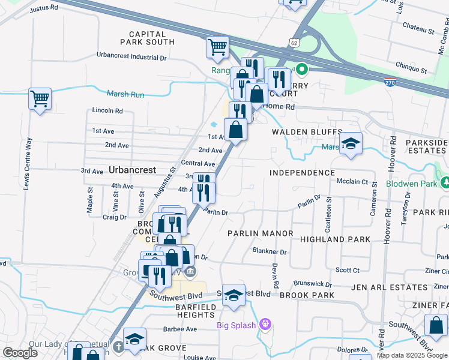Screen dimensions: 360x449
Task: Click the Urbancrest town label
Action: pyautogui.click(x=133, y=170)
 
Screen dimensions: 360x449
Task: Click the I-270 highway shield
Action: pyautogui.click(x=390, y=83)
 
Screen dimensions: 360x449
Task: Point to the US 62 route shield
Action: pyautogui.click(x=292, y=43)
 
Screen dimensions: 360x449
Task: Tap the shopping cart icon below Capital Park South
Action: pyautogui.click(x=217, y=47)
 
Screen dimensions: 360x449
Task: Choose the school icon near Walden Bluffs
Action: pyautogui.click(x=351, y=143)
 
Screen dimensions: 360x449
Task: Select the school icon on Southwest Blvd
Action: pyautogui.click(x=234, y=296)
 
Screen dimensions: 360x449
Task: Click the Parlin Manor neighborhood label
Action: pyautogui.click(x=260, y=233)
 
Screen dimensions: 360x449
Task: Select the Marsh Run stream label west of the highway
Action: pyautogui.click(x=125, y=94)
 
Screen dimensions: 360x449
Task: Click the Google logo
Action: pyautogui.click(x=20, y=353)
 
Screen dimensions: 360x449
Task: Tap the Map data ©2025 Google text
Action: pyautogui.click(x=412, y=355)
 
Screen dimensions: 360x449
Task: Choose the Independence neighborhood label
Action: pyautogui.click(x=302, y=173)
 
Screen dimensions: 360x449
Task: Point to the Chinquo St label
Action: pyautogui.click(x=411, y=70)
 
